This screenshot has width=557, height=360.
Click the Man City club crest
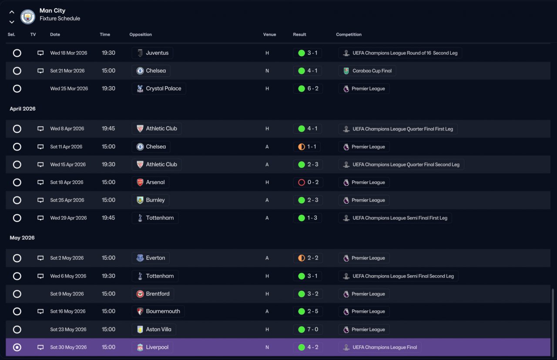coord(27,17)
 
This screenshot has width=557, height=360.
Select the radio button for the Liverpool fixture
coord(17,347)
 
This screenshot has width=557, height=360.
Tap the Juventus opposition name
coord(157,53)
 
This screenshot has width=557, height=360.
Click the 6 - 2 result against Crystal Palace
coord(313,88)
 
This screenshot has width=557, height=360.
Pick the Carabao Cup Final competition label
coord(372,71)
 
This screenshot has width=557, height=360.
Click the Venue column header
coord(269,34)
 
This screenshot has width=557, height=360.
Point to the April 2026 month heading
coord(23,109)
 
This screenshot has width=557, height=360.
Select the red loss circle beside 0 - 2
coord(302,182)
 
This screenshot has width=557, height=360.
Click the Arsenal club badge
coord(140,182)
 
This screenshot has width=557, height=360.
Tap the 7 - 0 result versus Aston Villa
coord(313,330)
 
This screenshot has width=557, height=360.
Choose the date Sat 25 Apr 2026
coord(67,200)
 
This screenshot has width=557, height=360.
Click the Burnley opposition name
coord(155,200)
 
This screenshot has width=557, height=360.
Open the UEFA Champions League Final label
coord(385,347)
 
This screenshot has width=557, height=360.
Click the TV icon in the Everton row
coord(40,258)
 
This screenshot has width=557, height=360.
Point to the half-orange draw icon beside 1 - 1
coord(302,147)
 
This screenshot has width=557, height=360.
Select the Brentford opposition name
coord(158,294)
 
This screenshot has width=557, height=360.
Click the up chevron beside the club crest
coord(12,12)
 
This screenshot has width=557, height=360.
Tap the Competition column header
coord(349,34)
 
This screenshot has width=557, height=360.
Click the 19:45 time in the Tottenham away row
coord(108,218)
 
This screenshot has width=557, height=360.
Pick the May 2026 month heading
coord(22,238)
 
